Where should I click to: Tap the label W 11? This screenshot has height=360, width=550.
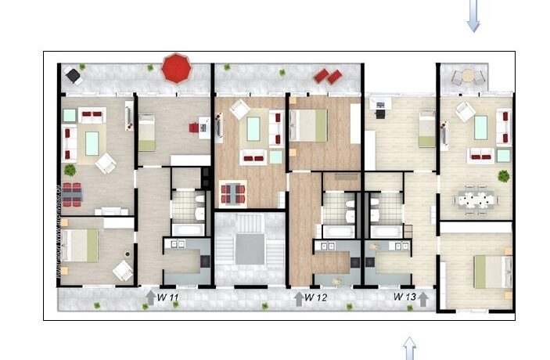coord(167,297)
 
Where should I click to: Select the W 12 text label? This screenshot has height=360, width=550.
coord(316,297)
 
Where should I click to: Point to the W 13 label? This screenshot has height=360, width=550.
coord(404,297)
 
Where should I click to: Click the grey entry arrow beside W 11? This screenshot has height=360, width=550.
coord(150,297)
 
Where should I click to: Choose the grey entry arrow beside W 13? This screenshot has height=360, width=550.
coord(423,297)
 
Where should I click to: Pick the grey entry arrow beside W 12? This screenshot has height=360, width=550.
coord(298,297)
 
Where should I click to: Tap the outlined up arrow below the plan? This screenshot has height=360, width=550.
coord(408,348)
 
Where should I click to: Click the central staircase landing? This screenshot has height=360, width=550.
coord(250,250)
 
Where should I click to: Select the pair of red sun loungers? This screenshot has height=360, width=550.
coord(328,76)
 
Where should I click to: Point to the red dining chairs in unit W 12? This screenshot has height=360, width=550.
coord(233,192)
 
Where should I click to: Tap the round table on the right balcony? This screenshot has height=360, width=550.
coord(468,77)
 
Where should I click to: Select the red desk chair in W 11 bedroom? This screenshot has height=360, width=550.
coord(193,126)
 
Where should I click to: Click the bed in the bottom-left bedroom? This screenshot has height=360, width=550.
coord(81,246)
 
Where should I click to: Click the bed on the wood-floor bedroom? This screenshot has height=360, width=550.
coord(309,125)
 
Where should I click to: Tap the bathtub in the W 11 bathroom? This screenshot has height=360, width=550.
coord(186,230)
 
